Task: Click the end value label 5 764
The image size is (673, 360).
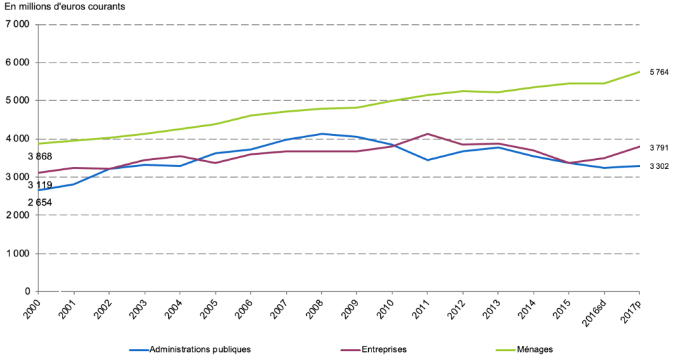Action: point(659,72)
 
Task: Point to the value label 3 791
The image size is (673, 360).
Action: point(659,147)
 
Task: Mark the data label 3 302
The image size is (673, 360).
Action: point(659,166)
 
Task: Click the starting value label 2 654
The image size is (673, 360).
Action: point(40,203)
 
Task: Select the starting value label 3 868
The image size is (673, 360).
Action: point(40,157)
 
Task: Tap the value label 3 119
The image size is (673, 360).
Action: point(40,185)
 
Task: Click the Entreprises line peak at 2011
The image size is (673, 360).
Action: point(427,134)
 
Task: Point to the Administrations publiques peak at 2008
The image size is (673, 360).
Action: point(322,134)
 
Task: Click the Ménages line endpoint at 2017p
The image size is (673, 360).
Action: point(639,72)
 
